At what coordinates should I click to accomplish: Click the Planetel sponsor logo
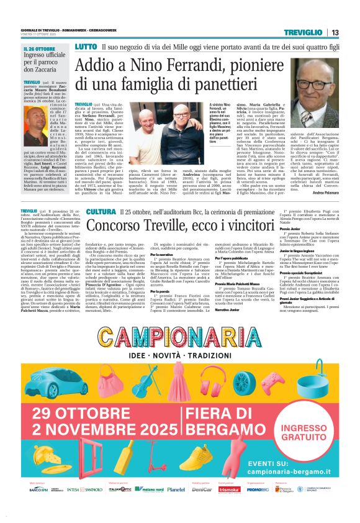(176, 507)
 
